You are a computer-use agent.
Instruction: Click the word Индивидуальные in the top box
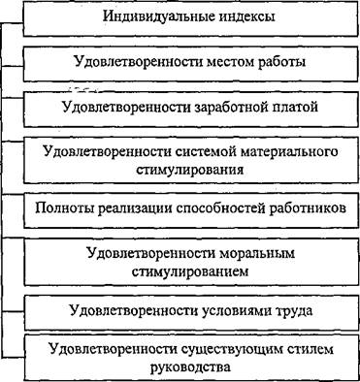point(155,16)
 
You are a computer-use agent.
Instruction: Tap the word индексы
point(244,17)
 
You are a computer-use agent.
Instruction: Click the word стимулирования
point(189,170)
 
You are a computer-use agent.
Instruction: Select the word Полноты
point(63,208)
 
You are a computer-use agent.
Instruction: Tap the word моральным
point(257,253)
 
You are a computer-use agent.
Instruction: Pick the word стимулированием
point(190,271)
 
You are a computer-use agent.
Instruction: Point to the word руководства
point(190,367)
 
